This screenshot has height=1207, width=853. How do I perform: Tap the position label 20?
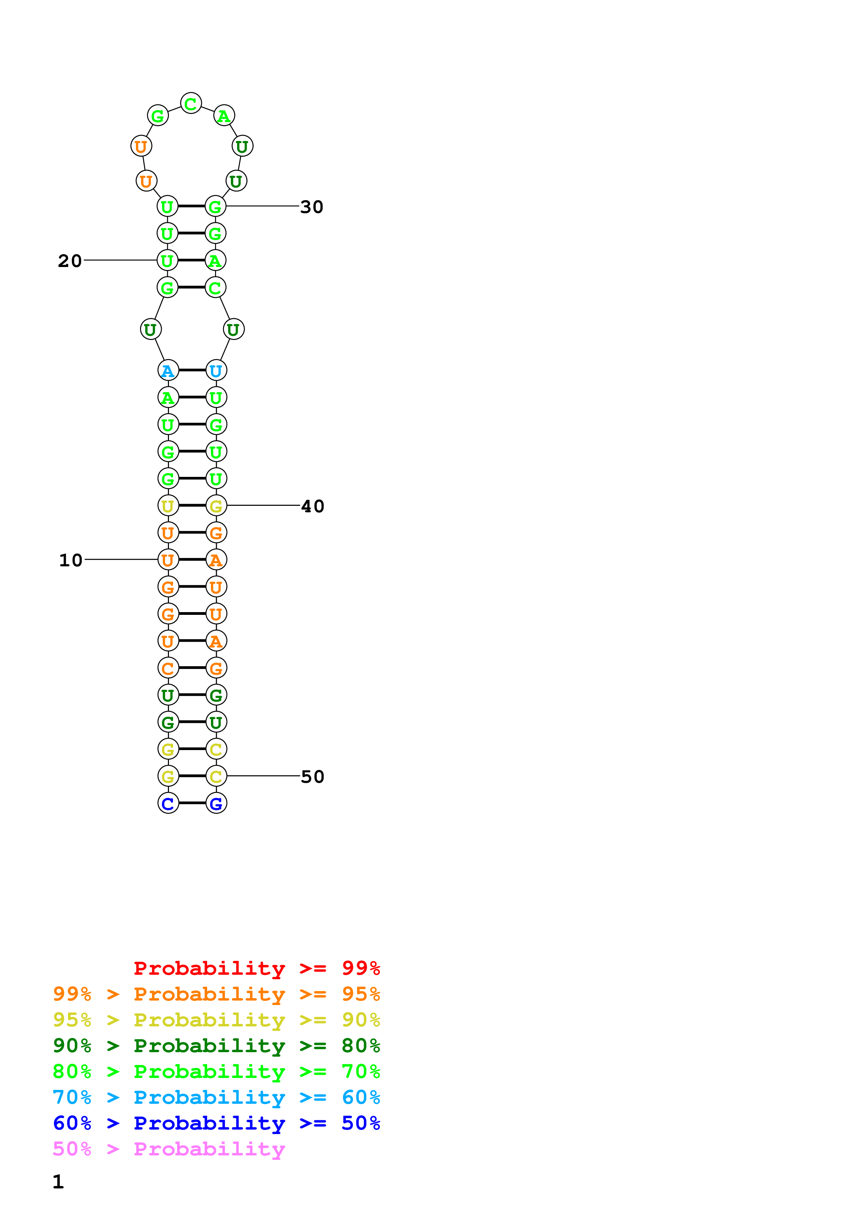click(70, 261)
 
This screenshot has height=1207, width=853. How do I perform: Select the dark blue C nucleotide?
click(168, 803)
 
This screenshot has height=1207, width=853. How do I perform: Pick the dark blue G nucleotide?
click(216, 803)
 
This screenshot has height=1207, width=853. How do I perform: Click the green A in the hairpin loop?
click(224, 116)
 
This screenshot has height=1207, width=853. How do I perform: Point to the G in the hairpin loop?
click(158, 116)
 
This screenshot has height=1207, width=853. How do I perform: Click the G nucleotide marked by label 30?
click(215, 206)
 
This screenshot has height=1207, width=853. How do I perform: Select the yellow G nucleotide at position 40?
click(216, 506)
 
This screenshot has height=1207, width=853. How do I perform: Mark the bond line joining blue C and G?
click(192, 803)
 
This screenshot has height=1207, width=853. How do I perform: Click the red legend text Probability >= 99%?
click(256, 968)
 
